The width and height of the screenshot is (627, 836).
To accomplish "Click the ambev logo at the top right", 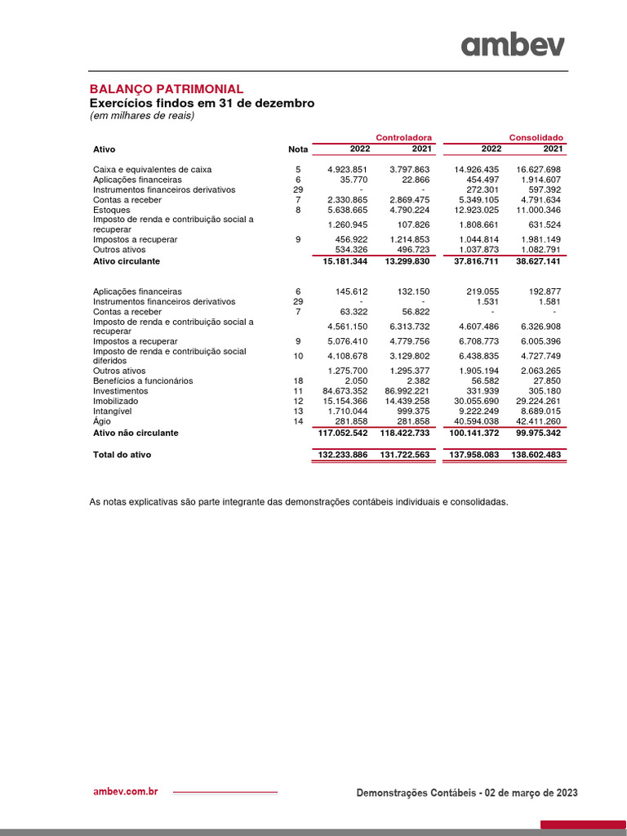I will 512,45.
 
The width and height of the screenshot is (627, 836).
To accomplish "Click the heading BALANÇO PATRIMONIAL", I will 166,89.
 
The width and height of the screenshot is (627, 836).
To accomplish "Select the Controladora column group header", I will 403,137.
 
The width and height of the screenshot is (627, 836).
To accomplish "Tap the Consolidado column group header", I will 536,137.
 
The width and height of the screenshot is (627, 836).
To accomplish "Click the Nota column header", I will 298,149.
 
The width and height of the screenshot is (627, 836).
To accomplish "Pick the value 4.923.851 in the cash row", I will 348,170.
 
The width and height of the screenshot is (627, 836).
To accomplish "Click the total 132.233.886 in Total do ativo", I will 340,455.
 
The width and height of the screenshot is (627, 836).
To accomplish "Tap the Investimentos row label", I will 121,391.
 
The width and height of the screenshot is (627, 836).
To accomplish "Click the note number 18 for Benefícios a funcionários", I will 298,381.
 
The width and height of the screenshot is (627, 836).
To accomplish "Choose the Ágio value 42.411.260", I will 539,421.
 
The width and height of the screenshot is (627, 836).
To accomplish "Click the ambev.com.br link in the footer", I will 126,792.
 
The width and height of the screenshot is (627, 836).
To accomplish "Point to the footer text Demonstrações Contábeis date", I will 468,793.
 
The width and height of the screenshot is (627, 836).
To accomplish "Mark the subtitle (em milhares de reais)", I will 141,116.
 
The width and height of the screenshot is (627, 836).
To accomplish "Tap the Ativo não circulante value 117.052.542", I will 340,433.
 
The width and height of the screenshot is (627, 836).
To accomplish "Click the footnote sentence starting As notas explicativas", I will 298,502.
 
